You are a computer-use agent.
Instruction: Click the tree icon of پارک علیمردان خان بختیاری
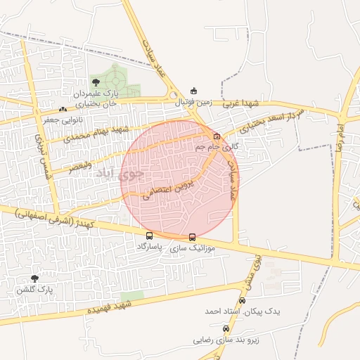96,83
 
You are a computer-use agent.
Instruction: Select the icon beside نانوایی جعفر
63,110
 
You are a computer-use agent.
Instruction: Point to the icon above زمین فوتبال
194,91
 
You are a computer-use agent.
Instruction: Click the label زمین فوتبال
194,102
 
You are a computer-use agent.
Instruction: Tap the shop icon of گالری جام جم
217,136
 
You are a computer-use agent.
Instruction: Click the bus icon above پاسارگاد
149,236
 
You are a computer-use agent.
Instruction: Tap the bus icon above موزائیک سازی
193,238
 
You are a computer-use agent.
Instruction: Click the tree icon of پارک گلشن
34,279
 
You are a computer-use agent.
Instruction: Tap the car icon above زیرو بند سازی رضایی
226,328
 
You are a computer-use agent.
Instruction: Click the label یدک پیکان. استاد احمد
243,310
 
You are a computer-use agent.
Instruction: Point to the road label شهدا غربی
242,103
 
